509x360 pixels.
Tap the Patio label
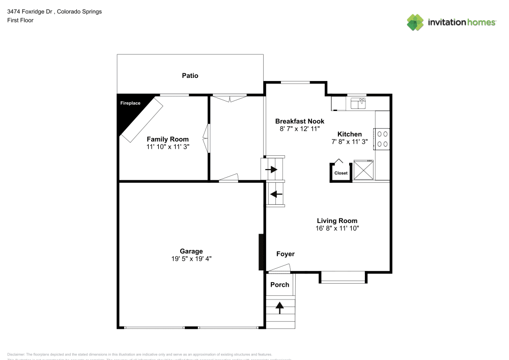point(190,75)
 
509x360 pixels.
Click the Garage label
point(191,251)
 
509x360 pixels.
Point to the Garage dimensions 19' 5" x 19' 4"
point(191,259)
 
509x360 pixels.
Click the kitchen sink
point(358,104)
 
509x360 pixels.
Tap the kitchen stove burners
point(382,139)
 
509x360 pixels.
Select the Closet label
point(341,173)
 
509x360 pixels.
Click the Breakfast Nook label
point(299,121)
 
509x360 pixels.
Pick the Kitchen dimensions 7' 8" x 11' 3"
point(349,142)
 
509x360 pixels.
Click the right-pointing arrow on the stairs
point(271,170)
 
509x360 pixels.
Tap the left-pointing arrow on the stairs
point(276,194)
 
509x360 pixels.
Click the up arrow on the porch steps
point(279,307)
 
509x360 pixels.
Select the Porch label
point(279,285)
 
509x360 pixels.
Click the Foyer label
point(285,254)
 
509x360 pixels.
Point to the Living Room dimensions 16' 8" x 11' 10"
point(337,229)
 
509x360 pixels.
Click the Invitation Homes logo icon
point(415,22)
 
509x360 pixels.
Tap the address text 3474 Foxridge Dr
point(31,11)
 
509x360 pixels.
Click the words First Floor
point(20,20)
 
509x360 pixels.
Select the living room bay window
point(343,278)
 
